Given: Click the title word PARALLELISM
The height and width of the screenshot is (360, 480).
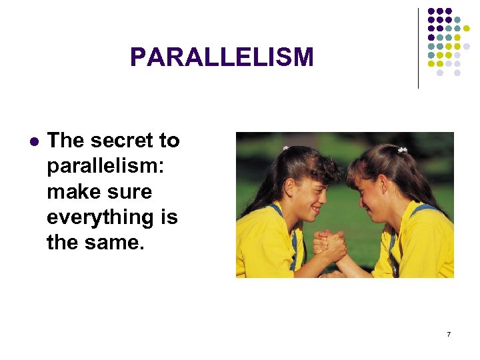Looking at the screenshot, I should click(x=221, y=57).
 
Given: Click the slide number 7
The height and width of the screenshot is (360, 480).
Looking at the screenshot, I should click(x=449, y=333).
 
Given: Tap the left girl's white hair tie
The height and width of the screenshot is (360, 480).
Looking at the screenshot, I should click(x=285, y=148).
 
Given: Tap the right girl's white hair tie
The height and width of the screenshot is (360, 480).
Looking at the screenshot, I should click(x=403, y=150).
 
